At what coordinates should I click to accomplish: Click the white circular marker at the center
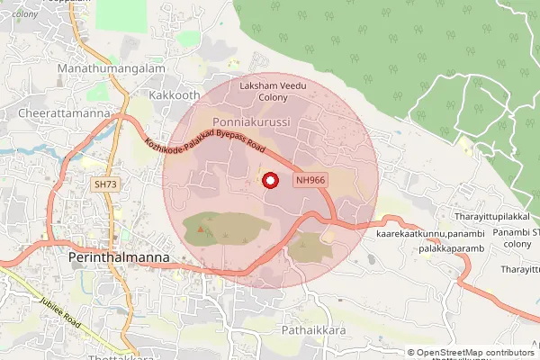click(x=270, y=181)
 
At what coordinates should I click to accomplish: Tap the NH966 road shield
click(x=310, y=180)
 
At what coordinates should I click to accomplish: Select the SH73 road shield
click(x=105, y=184)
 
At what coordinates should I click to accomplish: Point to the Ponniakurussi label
click(x=250, y=121)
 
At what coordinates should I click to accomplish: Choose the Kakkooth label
click(x=175, y=94)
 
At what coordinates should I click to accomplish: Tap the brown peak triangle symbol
click(x=201, y=230)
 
